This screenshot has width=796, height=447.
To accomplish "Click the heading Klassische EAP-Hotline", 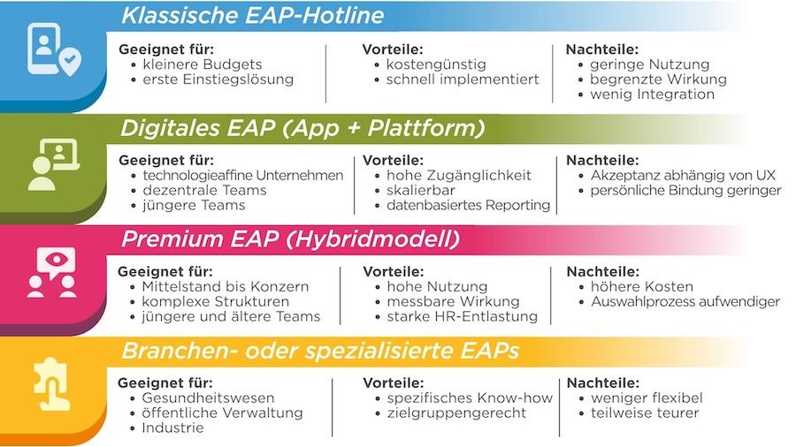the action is (252, 16).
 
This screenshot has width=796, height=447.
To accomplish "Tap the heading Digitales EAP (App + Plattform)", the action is (302, 128).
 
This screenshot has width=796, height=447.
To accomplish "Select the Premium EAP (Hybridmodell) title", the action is (291, 239).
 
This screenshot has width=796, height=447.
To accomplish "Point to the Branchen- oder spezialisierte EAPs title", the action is (320, 351).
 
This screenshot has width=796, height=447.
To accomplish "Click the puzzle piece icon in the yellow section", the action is (51, 383).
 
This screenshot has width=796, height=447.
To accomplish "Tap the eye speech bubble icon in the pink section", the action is (52, 272).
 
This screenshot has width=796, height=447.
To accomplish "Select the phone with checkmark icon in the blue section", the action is (54, 49).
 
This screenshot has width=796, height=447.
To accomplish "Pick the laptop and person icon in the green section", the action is (53, 163).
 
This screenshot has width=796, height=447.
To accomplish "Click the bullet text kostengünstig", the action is (436, 64).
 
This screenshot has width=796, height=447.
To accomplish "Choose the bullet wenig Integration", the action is (652, 95).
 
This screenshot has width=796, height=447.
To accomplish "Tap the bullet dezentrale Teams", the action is (204, 190).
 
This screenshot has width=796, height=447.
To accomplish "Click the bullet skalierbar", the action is (421, 190).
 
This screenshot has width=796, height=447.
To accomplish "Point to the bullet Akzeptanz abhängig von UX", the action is (683, 175).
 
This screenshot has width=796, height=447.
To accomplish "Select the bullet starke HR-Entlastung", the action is (462, 316).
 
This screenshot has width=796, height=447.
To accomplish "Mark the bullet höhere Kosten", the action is (642, 286).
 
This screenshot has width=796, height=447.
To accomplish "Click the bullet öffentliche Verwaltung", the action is (222, 413).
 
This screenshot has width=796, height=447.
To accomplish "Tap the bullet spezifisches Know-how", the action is (470, 398).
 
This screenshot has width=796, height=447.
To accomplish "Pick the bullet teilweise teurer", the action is (645, 413).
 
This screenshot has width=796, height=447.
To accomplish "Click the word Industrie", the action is (172, 428).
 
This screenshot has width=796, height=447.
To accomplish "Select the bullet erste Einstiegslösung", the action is (218, 80).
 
